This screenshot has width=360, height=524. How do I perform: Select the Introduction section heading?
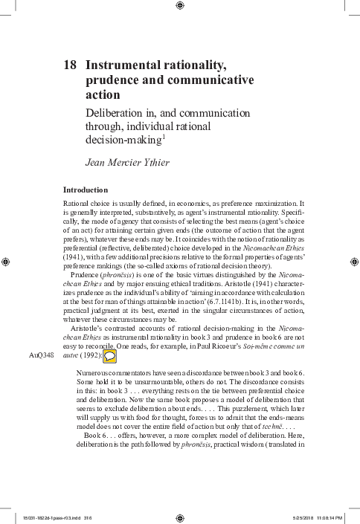pyautogui.click(x=86, y=190)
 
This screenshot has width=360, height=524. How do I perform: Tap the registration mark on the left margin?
pyautogui.click(x=7, y=262)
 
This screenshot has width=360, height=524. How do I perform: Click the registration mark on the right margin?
pyautogui.click(x=353, y=262)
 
